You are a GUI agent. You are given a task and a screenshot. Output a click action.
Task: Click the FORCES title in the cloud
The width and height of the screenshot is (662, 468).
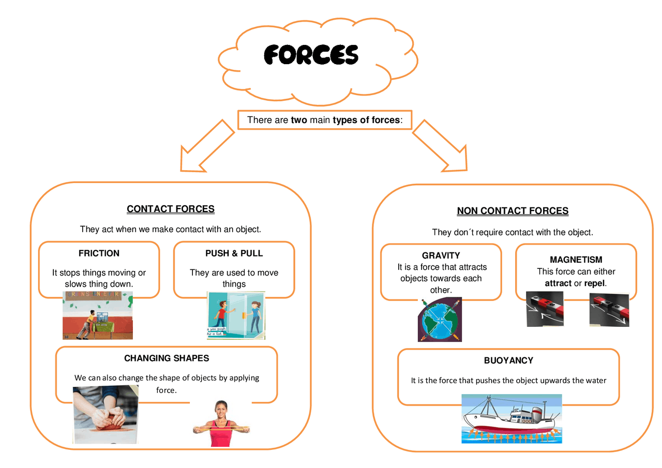tap(311, 55)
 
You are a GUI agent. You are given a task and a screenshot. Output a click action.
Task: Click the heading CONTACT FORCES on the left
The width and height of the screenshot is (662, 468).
tap(171, 209)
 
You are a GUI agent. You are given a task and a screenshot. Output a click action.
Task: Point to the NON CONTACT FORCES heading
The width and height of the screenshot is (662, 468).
tap(513, 211)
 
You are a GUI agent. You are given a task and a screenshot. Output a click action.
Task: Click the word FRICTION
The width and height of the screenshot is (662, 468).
tap(99, 253)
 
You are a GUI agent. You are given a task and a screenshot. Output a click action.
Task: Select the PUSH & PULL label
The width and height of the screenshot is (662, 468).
tap(234, 253)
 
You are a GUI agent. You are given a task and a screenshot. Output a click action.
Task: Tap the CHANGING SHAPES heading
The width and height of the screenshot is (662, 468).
tap(167, 358)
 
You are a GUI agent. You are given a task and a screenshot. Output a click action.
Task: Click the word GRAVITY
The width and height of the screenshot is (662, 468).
tap(441, 255)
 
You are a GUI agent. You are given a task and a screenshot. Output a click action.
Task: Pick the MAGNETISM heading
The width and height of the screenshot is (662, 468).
tap(576, 260)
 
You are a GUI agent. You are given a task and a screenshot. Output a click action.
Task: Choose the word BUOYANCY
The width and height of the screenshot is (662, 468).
tap(508, 360)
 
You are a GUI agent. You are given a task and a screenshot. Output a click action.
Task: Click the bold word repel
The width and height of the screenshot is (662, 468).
tap(594, 283)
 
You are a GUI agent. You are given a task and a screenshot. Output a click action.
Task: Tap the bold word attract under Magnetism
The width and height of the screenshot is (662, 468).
tap(558, 283)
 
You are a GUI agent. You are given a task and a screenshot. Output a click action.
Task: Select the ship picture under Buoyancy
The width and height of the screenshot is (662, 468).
tap(511, 419)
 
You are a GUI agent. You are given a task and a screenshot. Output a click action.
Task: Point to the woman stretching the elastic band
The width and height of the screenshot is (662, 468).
tap(221, 424)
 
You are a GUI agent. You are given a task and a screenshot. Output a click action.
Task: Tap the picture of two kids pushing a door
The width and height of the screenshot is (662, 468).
tap(236, 315)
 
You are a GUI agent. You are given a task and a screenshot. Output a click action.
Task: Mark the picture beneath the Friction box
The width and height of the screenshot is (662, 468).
tap(98, 315)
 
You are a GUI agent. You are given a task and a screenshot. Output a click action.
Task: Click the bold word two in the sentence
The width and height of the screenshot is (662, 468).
tap(299, 120)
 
